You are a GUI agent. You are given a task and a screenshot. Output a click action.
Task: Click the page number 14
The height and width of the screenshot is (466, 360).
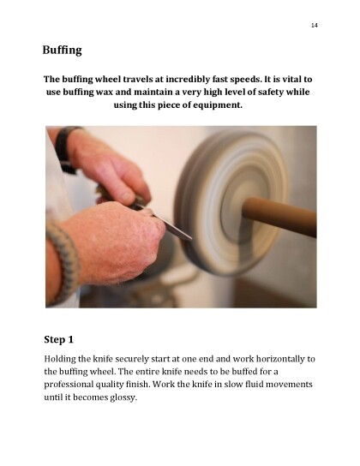coord(315,25)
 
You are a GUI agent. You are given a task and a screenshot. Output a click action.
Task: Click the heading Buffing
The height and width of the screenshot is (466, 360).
coord(62,50)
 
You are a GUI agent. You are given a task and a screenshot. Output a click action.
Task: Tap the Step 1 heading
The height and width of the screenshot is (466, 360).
coord(58,339)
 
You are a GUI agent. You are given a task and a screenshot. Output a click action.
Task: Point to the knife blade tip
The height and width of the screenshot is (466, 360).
coord(191,238)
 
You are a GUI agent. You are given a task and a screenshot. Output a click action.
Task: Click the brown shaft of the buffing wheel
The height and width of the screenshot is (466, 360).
coord(279,217)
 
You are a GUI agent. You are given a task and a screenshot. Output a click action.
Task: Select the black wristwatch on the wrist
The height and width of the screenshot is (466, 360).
coord(66,148)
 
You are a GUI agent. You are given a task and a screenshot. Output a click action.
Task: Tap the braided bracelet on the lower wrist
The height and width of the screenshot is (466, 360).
coord(64,261)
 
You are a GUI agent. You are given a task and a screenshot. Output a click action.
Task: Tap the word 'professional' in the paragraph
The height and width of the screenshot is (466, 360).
coord(69,385)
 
